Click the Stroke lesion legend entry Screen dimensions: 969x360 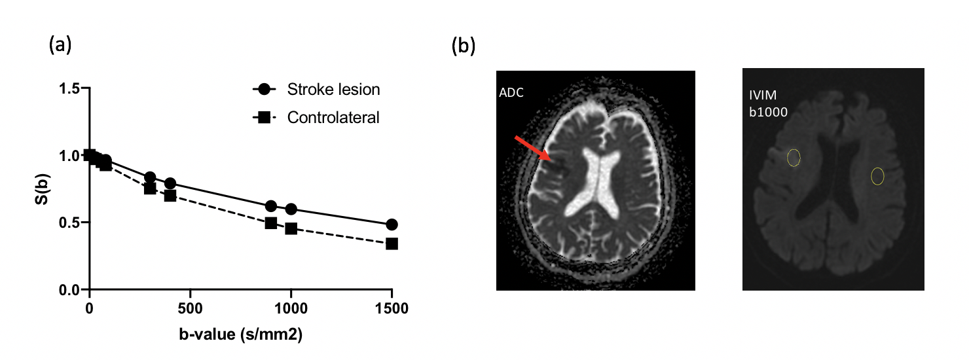(333, 90)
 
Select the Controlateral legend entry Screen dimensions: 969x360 (333, 118)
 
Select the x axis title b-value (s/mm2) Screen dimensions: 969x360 (241, 334)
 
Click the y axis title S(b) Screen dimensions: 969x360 (41, 188)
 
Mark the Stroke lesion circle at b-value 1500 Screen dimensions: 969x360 (392, 225)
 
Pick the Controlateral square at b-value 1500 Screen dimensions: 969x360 (392, 243)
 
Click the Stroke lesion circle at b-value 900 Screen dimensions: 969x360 (271, 206)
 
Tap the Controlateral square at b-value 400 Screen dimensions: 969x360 (170, 196)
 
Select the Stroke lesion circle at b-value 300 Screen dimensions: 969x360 (150, 177)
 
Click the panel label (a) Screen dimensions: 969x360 (60, 45)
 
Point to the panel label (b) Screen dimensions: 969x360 (464, 46)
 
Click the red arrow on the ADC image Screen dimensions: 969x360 (532, 148)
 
